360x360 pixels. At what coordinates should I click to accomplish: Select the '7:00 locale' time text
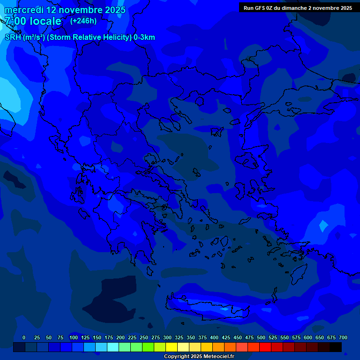pos(33,21)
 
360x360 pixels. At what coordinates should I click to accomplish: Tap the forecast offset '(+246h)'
pos(83,21)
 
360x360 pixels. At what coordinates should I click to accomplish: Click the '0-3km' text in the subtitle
pos(144,37)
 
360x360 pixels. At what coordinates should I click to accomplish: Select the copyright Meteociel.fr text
pos(199,356)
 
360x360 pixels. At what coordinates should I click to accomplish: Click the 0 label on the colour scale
pos(24,337)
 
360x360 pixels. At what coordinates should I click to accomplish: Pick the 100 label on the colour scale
pos(74,337)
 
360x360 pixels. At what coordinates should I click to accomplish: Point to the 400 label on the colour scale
pos(214,337)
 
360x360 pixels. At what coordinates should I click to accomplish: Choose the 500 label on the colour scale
pos(261,337)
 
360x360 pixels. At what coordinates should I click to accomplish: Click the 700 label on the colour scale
pos(343,337)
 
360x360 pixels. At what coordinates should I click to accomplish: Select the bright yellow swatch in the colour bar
pos(172,347)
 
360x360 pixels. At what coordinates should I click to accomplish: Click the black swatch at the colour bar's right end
pos(336,347)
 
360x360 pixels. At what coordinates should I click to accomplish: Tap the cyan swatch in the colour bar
pos(113,347)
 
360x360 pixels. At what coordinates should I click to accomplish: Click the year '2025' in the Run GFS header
pos(344,8)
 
